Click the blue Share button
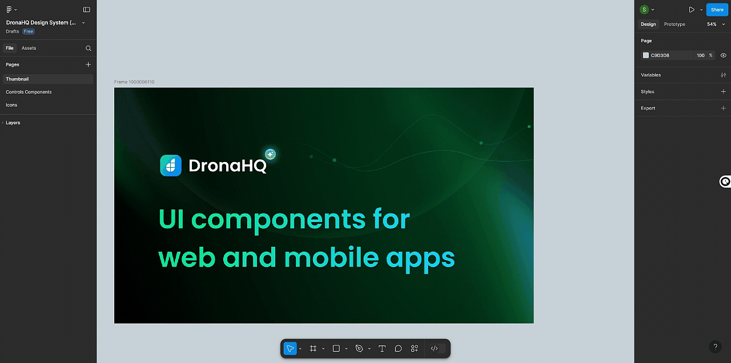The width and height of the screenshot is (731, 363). pos(717,10)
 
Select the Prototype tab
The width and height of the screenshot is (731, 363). pos(674,24)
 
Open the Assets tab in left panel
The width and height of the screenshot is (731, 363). pos(29,48)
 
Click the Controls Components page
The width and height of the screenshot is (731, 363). pos(29,92)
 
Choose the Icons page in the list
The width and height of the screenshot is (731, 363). pos(11,105)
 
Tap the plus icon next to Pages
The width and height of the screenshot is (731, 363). pos(88,64)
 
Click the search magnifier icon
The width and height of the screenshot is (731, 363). pos(88,49)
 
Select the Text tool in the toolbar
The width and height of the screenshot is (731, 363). pos(382,348)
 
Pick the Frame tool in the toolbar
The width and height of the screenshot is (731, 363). pos(313,348)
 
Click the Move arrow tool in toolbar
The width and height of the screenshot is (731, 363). pos(290,348)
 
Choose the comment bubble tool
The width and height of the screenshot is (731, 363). pos(398,348)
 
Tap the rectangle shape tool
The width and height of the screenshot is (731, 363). pos(336,348)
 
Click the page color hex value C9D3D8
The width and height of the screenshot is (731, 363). pos(660,55)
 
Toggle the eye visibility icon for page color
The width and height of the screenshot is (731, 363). pos(723,55)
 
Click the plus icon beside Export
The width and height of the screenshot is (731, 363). pos(723,108)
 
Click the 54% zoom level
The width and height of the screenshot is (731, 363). pos(712,24)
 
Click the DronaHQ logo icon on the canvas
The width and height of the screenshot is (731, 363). pos(171,166)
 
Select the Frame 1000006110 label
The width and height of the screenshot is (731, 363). pos(134,82)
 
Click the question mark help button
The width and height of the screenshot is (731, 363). pos(715,346)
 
